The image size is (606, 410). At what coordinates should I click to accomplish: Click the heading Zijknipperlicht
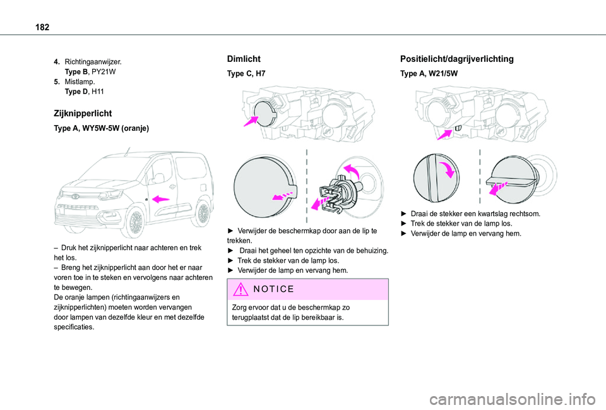[83, 113]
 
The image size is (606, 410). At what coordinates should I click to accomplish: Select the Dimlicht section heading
[243, 58]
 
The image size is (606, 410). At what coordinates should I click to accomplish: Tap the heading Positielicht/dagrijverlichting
[456, 59]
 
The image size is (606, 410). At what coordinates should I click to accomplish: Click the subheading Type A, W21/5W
[429, 74]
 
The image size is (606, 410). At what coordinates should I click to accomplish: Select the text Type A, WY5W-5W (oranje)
[102, 128]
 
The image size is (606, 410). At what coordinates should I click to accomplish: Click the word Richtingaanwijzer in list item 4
[93, 63]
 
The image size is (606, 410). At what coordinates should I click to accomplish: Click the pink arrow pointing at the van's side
[162, 198]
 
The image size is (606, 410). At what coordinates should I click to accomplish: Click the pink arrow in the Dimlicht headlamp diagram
[250, 120]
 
